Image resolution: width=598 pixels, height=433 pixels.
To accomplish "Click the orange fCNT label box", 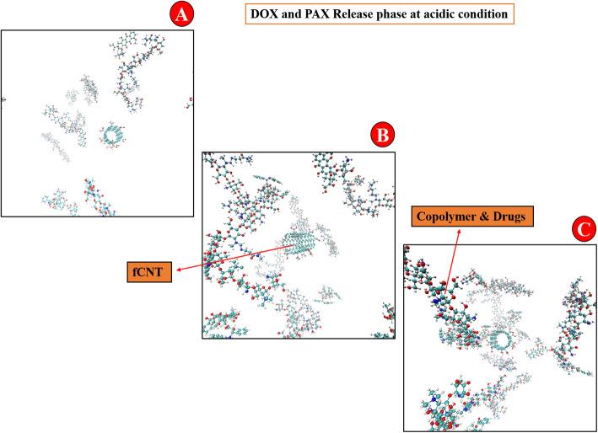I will pyautogui.click(x=146, y=272).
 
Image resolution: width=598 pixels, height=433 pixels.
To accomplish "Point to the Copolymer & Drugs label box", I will pyautogui.click(x=464, y=217).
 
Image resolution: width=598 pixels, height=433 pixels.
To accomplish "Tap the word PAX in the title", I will pyautogui.click(x=314, y=14).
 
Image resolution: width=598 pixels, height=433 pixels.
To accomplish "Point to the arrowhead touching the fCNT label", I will pyautogui.click(x=175, y=270).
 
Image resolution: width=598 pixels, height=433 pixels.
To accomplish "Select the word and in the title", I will pyautogui.click(x=289, y=14).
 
